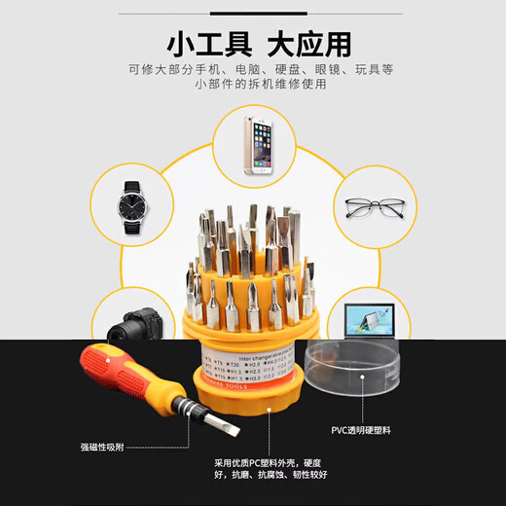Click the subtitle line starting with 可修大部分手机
252,69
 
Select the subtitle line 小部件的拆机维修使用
252,85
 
